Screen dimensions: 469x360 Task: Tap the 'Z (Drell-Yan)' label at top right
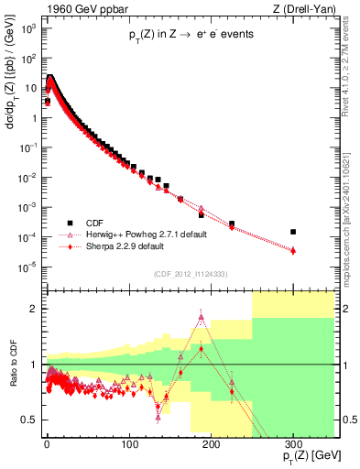pos(295,10)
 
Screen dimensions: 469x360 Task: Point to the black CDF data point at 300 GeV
pos(293,232)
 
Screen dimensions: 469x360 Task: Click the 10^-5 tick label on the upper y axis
pos(30,267)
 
